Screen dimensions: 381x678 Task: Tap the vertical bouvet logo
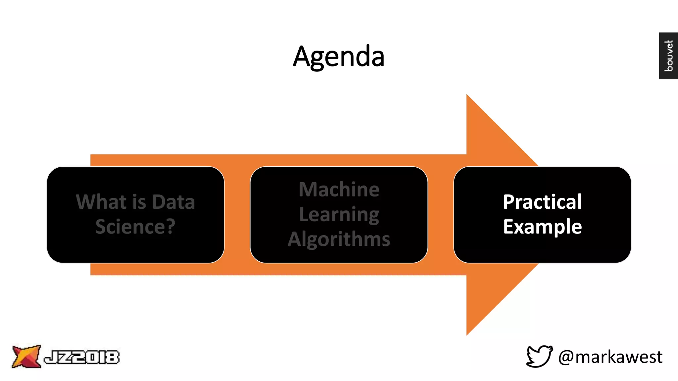pos(668,56)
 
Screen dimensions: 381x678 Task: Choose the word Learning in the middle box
pos(339,215)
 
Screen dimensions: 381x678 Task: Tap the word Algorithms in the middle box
pos(339,239)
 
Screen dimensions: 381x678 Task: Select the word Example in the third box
pos(542,227)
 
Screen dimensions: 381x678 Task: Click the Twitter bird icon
pos(539,356)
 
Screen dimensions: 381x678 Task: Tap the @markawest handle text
pos(610,357)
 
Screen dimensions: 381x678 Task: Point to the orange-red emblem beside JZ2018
pos(26,356)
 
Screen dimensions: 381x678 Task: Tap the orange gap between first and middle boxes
pos(237,215)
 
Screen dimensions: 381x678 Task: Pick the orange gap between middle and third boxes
pos(440,215)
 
